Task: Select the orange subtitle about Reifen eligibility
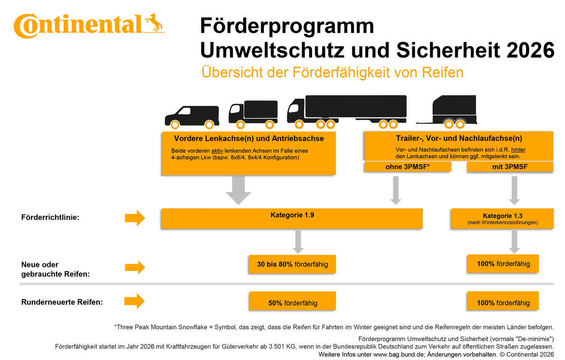click(x=332, y=72)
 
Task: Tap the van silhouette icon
click(x=192, y=116)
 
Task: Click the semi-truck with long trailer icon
click(x=347, y=110)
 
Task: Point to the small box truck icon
click(x=253, y=113)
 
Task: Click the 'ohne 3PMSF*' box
click(x=407, y=166)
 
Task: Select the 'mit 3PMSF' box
click(x=510, y=166)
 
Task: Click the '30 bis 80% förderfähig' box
click(x=292, y=264)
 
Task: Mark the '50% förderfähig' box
click(x=292, y=303)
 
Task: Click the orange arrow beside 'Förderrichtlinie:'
click(x=135, y=217)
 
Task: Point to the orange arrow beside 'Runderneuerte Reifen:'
click(x=135, y=301)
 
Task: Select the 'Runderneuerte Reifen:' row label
click(x=62, y=302)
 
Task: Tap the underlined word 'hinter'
click(x=518, y=150)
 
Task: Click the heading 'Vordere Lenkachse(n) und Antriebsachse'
click(x=249, y=139)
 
